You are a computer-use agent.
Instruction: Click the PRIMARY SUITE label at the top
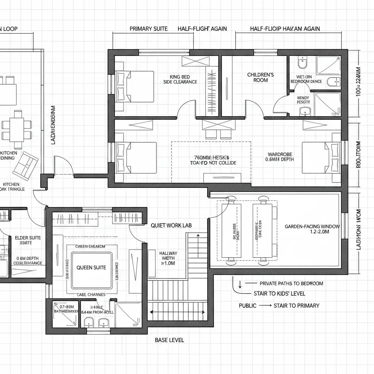pyautogui.click(x=149, y=29)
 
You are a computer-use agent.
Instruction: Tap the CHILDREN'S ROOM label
pyautogui.click(x=260, y=77)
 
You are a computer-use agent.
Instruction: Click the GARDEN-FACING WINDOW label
pyautogui.click(x=312, y=229)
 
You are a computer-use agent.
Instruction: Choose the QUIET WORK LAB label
pyautogui.click(x=171, y=226)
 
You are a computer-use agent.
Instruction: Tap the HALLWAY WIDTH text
pyautogui.click(x=168, y=258)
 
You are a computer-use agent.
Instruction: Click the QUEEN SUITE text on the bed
pyautogui.click(x=91, y=267)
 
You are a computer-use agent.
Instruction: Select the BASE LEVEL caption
pyautogui.click(x=169, y=340)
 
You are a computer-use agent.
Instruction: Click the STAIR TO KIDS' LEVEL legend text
pyautogui.click(x=279, y=294)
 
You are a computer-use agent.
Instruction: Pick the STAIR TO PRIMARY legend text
pyautogui.click(x=296, y=306)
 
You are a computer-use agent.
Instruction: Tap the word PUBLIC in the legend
pyautogui.click(x=248, y=306)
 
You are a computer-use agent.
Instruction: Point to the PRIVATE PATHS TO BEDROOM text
pyautogui.click(x=291, y=283)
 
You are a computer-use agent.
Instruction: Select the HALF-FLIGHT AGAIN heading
pyautogui.click(x=202, y=29)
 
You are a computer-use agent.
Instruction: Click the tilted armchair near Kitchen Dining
pyautogui.click(x=25, y=163)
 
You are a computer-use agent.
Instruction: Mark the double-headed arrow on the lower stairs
pyautogui.click(x=177, y=312)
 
